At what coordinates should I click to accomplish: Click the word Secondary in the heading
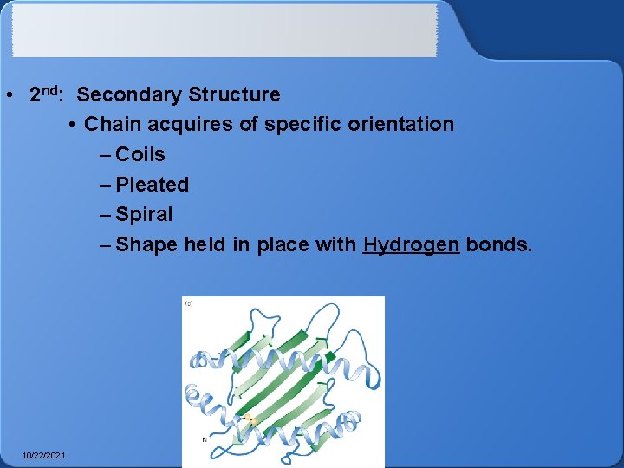pyautogui.click(x=130, y=94)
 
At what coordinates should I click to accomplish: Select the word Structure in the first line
pyautogui.click(x=234, y=94)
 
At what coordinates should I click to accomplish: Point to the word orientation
pyautogui.click(x=402, y=124)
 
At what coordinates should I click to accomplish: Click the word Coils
pyautogui.click(x=140, y=154)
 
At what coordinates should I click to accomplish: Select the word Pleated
pyautogui.click(x=152, y=185)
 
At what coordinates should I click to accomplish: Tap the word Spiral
pyautogui.click(x=144, y=214)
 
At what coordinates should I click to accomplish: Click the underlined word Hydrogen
pyautogui.click(x=411, y=244)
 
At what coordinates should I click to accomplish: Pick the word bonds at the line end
pyautogui.click(x=498, y=244)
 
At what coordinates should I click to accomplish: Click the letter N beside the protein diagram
pyautogui.click(x=205, y=439)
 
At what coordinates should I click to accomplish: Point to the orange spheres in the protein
pyautogui.click(x=250, y=420)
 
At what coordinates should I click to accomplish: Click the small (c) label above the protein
pyautogui.click(x=188, y=302)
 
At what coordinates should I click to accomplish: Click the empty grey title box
pyautogui.click(x=224, y=30)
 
